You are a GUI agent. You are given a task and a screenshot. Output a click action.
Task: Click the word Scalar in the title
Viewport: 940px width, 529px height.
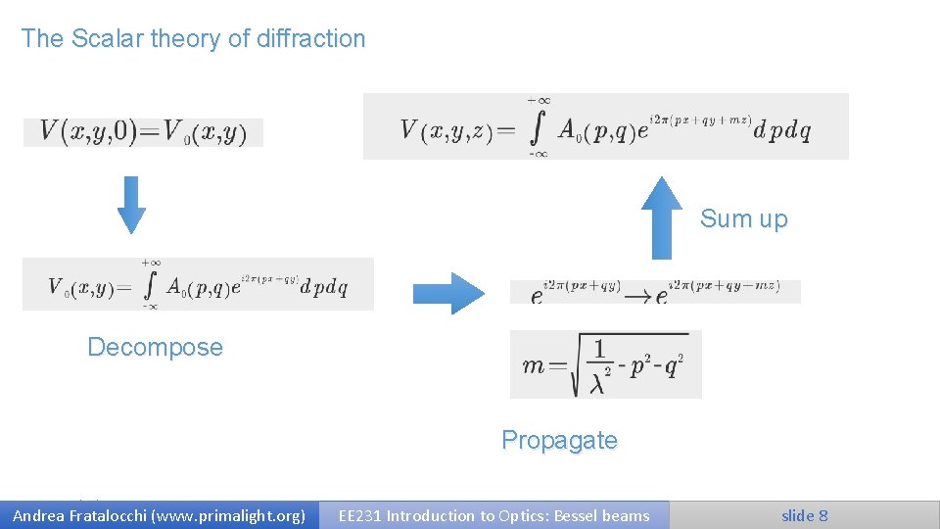103,39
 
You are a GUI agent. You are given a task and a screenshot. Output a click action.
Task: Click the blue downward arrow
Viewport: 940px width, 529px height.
130,204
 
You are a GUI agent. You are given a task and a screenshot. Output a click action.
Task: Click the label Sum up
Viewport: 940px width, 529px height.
743,219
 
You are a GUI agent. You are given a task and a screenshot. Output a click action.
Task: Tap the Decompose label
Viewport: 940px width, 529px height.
155,347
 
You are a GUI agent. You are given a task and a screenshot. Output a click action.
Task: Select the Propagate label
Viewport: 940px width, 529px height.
559,441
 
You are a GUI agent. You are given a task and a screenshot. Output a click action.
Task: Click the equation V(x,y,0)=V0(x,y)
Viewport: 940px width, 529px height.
143,132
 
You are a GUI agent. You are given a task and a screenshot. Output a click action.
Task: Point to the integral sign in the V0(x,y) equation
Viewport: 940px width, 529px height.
150,285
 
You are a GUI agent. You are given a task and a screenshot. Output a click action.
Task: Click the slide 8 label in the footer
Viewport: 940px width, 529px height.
804,515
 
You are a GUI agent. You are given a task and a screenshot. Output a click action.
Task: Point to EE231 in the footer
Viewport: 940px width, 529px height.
359,515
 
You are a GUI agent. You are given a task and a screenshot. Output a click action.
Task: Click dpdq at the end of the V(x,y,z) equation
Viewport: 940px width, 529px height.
782,130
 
